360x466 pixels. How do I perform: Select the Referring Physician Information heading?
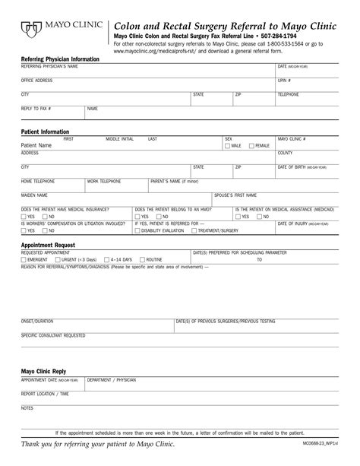click(59, 59)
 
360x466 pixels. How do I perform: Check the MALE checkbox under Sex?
click(228, 145)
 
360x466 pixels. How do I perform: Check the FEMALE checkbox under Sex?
click(252, 145)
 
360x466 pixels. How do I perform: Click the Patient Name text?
click(36, 145)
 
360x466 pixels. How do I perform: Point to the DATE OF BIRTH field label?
click(303, 166)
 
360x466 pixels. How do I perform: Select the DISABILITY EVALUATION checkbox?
click(137, 230)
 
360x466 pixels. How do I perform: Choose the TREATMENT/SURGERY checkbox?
click(194, 230)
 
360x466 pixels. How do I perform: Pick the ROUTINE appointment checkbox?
click(142, 259)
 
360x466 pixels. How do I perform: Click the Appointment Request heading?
click(47, 246)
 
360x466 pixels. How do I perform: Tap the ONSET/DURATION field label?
click(38, 321)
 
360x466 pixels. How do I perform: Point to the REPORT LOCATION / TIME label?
click(45, 394)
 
